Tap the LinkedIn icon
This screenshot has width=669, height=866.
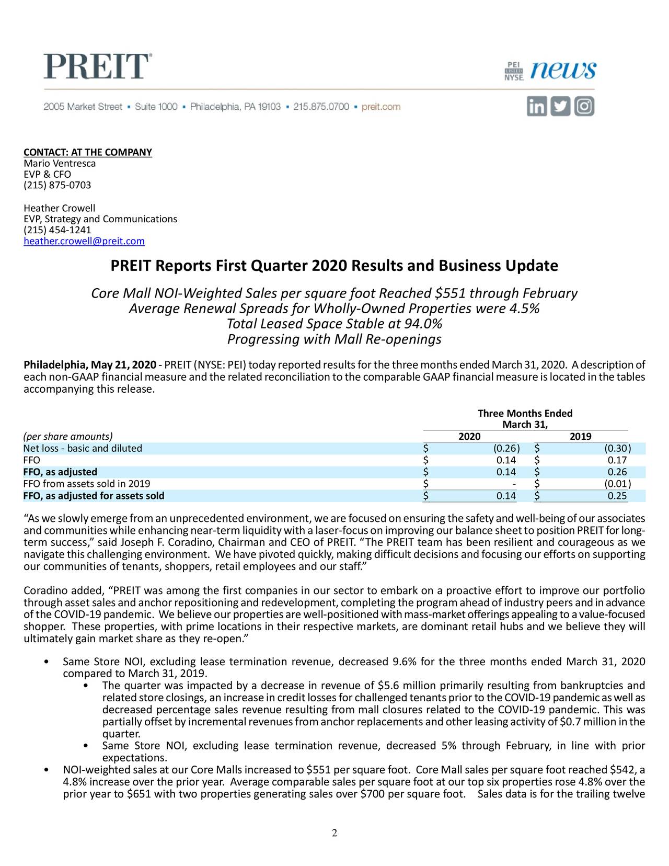point(536,107)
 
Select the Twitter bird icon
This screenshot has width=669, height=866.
point(560,107)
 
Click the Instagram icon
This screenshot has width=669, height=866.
point(584,107)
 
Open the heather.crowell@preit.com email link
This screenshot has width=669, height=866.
point(84,241)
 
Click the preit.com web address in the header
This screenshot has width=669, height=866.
point(381,107)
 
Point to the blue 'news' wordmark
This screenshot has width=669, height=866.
point(563,70)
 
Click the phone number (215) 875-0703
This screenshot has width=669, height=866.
point(57,185)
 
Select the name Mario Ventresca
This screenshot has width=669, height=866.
point(60,163)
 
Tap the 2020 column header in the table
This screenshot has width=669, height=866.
point(469,437)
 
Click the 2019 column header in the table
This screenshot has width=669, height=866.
point(580,437)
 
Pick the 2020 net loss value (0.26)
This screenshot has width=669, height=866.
point(506,449)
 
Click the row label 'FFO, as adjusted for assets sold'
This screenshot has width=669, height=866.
point(94,496)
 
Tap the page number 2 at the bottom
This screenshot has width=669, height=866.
point(334,833)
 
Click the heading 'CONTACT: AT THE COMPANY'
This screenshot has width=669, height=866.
point(88,152)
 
